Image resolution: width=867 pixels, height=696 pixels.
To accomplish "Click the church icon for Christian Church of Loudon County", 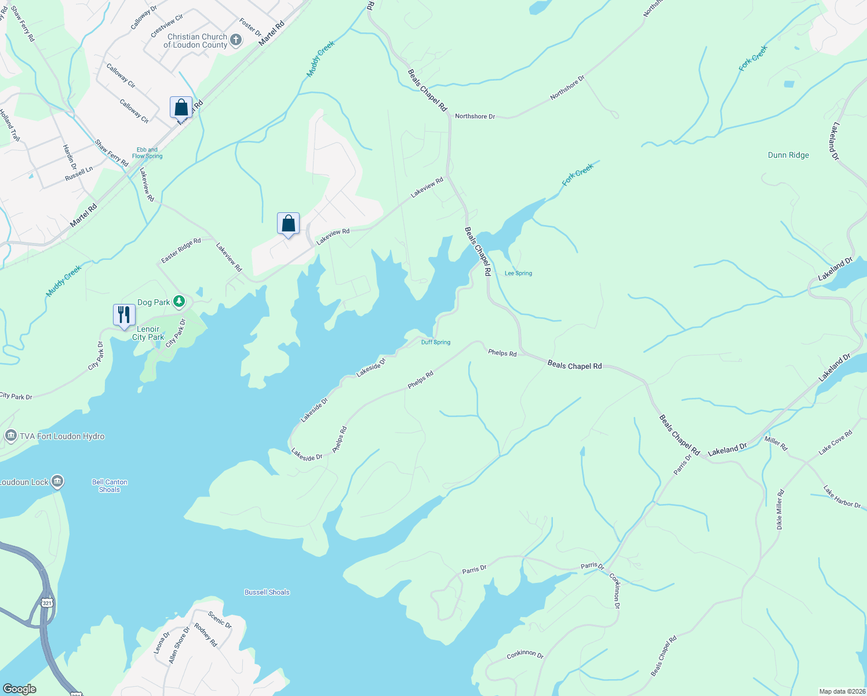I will point(236,40).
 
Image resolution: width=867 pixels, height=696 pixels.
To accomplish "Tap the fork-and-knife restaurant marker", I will point(124,315).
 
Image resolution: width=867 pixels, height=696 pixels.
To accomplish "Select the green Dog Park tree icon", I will point(180,301).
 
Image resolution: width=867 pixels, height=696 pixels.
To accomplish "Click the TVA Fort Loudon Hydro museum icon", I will point(10,436).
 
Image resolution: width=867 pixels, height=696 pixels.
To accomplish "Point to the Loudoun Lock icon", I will point(57,481).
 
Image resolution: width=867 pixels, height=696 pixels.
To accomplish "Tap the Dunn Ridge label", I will point(788,155).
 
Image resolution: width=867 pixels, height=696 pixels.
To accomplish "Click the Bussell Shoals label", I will point(267,592).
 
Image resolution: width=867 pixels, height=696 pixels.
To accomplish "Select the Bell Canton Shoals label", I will point(110,485).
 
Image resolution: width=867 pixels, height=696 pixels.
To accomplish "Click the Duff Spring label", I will point(436,342).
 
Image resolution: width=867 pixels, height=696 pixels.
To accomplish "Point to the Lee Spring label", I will point(518,273).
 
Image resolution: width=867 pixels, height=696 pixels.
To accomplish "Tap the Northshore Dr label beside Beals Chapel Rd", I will point(475,117).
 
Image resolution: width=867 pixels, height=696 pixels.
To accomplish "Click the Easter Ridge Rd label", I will point(181,250).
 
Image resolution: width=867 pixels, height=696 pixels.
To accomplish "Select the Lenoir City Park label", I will point(148,333).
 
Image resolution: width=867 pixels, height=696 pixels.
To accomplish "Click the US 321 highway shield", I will point(47,603).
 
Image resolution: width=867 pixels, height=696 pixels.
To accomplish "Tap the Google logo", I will point(20,689).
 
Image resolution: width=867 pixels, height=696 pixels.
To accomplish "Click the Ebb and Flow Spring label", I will point(147,153).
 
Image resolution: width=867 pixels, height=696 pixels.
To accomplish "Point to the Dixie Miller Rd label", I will point(779,510).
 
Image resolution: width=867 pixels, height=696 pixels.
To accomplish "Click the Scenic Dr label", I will point(220,620).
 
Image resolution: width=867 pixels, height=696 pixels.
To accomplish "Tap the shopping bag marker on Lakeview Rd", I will point(288,224).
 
